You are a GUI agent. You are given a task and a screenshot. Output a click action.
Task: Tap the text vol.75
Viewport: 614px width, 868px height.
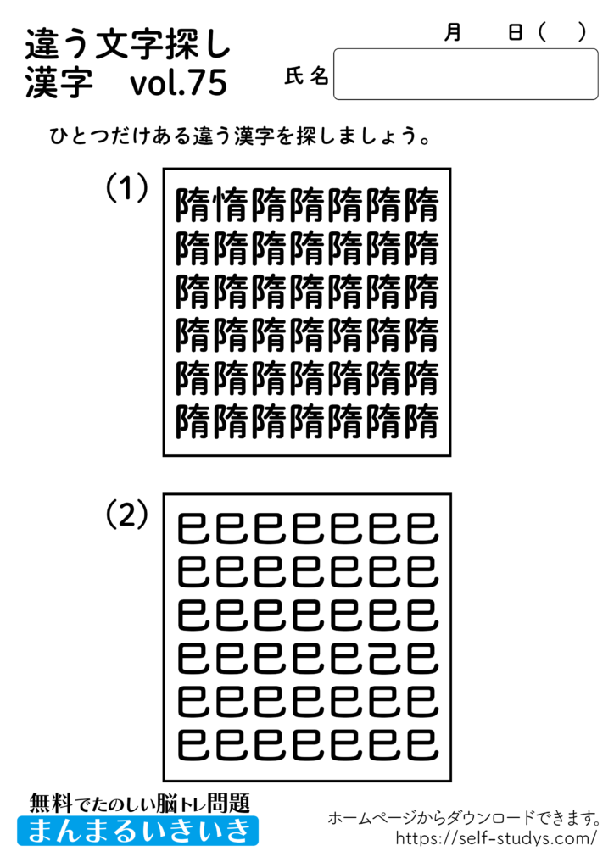coord(179,85)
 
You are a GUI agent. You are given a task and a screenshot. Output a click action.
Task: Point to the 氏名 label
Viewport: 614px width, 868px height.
coord(306,77)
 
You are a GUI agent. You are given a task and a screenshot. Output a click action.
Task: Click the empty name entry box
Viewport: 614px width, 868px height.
coord(466,74)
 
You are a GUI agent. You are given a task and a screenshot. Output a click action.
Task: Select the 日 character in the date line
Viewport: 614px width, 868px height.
coord(515,32)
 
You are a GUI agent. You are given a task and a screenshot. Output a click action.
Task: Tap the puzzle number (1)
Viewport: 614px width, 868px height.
coord(126,188)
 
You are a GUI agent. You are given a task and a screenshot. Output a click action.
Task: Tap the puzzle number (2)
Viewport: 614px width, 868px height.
coord(126,514)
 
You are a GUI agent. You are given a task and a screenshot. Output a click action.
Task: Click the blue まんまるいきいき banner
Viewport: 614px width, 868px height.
coord(137,830)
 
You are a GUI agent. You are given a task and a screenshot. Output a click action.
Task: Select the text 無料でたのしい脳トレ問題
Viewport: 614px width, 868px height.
coord(139,801)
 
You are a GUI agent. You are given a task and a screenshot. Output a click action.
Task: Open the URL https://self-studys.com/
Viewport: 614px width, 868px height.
coord(497,839)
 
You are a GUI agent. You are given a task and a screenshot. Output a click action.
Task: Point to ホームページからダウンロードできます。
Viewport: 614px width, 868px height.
coord(464,818)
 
